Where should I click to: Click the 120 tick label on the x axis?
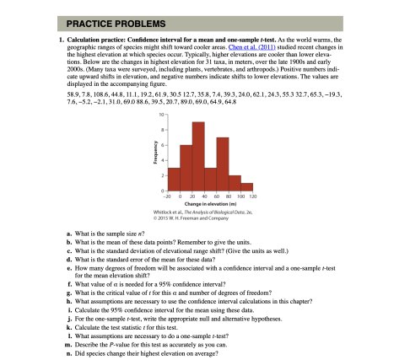253,197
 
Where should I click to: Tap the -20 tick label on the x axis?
168,197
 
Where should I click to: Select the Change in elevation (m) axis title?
210,203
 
